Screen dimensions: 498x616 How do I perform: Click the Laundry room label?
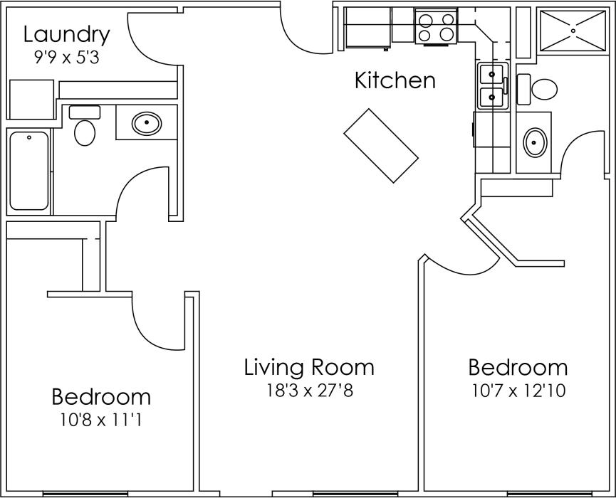coord(66,34)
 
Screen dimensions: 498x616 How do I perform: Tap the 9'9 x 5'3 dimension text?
coord(66,58)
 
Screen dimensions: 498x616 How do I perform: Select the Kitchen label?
coord(395,80)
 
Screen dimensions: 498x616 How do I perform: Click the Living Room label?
coord(308,368)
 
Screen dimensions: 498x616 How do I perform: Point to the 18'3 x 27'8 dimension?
coord(308,391)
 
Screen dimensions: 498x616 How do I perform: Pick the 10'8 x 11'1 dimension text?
coord(101,420)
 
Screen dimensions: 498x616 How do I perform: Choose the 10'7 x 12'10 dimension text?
coord(518,391)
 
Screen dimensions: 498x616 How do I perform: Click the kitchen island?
coord(380,146)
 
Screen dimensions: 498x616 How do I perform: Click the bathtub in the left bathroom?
coord(29,171)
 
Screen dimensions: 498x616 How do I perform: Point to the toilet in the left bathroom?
coord(85,128)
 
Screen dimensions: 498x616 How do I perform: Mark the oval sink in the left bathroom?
coord(147,123)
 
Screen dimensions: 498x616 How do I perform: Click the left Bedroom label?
coord(101,396)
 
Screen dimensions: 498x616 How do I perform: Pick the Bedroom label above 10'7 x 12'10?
coord(518,368)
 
